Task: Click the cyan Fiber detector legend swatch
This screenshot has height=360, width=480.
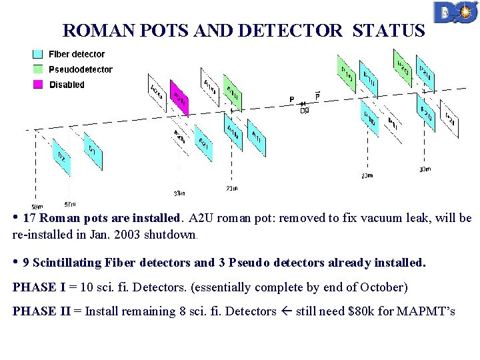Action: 39,55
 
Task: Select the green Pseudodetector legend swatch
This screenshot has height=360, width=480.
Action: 39,69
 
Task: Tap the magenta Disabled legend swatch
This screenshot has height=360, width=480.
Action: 39,85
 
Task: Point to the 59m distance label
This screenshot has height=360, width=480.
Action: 38,207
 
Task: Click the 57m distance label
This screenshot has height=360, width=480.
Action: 70,203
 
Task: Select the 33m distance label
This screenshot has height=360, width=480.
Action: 179,194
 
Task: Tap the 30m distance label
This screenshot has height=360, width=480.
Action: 425,169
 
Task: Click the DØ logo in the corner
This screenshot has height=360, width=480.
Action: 455,13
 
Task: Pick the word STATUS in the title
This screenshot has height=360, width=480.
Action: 388,31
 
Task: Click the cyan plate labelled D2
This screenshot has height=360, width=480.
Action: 61,158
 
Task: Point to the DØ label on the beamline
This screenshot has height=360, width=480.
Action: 305,111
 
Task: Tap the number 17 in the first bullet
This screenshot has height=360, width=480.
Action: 29,218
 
